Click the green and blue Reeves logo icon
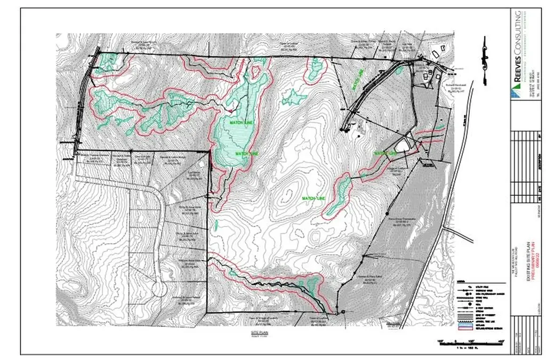[x=517, y=90]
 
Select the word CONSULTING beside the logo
[x=517, y=34]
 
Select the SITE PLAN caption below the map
[x=258, y=332]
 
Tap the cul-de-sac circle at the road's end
[x=158, y=288]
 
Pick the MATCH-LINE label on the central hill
[x=314, y=198]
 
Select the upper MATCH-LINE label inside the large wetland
[x=240, y=122]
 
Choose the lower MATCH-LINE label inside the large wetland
[x=245, y=153]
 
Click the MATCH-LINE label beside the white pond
[x=386, y=153]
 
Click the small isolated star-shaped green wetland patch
[x=293, y=97]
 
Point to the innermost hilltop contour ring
[x=288, y=196]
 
